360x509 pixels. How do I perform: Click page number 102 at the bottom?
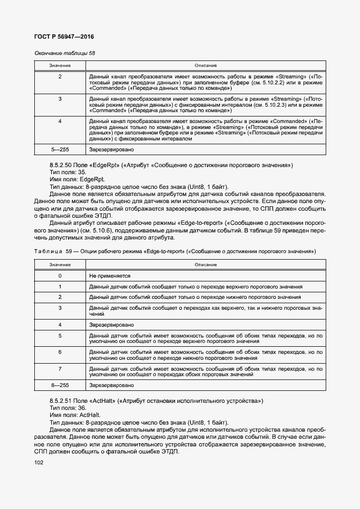[x=39, y=463]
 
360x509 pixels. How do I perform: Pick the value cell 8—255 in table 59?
[x=60, y=385]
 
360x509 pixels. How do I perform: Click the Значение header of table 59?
[x=60, y=265]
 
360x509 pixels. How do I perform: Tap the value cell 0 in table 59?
[x=60, y=276]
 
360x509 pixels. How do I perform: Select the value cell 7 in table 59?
[x=60, y=369]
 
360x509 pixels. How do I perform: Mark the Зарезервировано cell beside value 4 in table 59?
[x=111, y=324]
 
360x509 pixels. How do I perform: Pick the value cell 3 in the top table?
[x=60, y=99]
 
